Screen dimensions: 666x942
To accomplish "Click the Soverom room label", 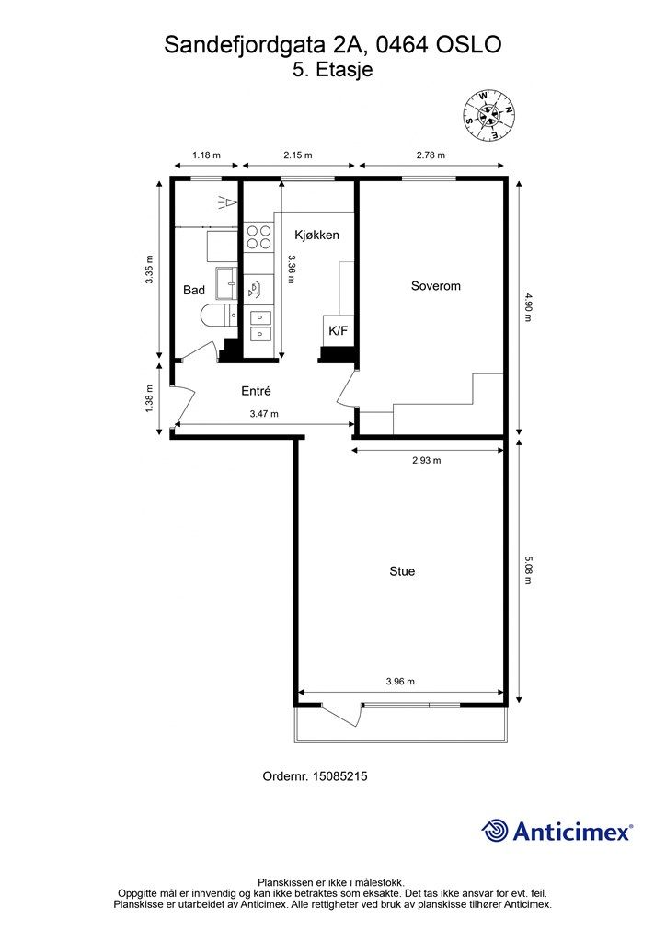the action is pyautogui.click(x=435, y=286).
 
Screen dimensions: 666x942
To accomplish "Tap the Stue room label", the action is pyautogui.click(x=402, y=571).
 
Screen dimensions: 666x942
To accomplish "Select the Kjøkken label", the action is pyautogui.click(x=316, y=235).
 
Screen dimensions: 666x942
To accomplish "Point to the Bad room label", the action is pyautogui.click(x=194, y=290).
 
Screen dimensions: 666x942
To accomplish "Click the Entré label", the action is pyautogui.click(x=256, y=391).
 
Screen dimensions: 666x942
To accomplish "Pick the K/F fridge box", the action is pyautogui.click(x=339, y=330).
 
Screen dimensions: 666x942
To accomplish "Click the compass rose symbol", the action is pyautogui.click(x=489, y=116).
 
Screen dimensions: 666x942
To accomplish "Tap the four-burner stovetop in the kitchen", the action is pyautogui.click(x=258, y=236).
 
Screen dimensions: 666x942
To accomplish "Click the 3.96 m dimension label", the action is pyautogui.click(x=400, y=682).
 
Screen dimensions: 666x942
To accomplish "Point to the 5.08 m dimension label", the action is pyautogui.click(x=528, y=570).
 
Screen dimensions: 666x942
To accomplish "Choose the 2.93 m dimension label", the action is pyautogui.click(x=427, y=460).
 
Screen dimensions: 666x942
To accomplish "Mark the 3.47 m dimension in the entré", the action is pyautogui.click(x=264, y=414).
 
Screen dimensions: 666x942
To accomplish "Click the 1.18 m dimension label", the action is pyautogui.click(x=206, y=155).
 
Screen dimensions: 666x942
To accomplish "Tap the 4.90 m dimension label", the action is pyautogui.click(x=528, y=307).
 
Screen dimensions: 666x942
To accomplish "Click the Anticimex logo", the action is pyautogui.click(x=557, y=831).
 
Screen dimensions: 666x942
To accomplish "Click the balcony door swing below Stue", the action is pyautogui.click(x=341, y=714).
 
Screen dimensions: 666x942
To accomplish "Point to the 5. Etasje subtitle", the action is pyautogui.click(x=333, y=70).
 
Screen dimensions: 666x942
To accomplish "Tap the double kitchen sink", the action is pyautogui.click(x=259, y=325).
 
